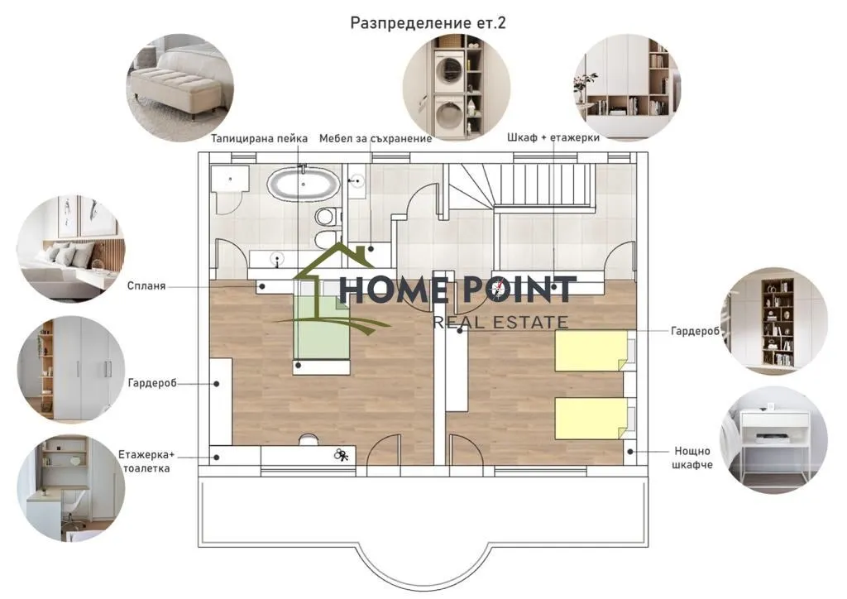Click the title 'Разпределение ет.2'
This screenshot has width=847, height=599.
[x=428, y=23]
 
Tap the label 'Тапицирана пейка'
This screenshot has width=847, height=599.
[x=259, y=139]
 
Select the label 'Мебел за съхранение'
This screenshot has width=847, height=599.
[x=376, y=139]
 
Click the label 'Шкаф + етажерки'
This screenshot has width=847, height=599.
[x=553, y=137]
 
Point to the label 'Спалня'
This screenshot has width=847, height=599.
[x=146, y=285]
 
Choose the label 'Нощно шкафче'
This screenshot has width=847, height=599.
[x=692, y=458]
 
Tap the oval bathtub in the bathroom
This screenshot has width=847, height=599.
[x=304, y=184]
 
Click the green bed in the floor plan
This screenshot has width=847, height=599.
[x=322, y=327]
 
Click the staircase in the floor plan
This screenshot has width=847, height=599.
[x=521, y=186]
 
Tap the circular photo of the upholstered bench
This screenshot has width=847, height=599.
[x=179, y=88]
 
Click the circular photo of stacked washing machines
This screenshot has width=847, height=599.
[x=457, y=86]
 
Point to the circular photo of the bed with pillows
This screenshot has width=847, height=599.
[x=71, y=248]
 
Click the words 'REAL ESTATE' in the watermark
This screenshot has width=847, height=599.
[x=500, y=323]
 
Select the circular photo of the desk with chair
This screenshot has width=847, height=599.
[x=71, y=489]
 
